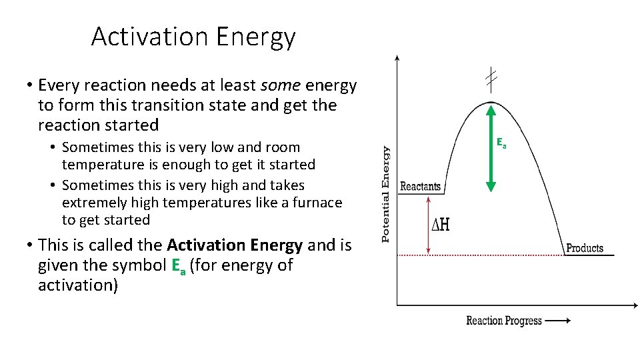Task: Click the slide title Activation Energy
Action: (x=193, y=37)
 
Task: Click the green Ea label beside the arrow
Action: (x=501, y=142)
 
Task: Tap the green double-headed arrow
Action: (x=491, y=147)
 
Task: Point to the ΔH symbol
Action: (x=441, y=225)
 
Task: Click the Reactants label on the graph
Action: (x=420, y=187)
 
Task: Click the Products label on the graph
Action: (x=585, y=248)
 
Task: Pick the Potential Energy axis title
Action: (x=385, y=195)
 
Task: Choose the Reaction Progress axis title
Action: (x=504, y=321)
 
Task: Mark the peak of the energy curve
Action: (x=491, y=101)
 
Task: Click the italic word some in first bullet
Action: (x=279, y=85)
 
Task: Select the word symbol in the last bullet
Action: (x=141, y=265)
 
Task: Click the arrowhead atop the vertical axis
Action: (x=397, y=59)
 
